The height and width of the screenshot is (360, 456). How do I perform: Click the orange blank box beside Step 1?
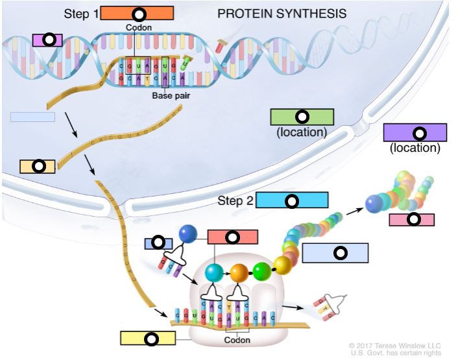(x=138, y=14)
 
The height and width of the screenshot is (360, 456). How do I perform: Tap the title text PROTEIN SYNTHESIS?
(x=282, y=14)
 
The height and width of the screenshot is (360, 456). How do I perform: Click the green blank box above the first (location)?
(x=302, y=117)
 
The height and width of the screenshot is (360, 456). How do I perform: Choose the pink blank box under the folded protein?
(x=412, y=220)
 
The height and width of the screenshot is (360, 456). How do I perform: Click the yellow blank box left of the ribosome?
(x=149, y=338)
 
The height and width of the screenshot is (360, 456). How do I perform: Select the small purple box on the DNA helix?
(x=47, y=40)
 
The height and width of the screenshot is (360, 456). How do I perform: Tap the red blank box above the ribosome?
(x=232, y=237)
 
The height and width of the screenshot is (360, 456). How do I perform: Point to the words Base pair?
(x=170, y=96)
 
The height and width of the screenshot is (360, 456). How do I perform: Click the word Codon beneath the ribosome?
(x=237, y=340)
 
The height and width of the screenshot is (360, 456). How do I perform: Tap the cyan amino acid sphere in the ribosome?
(x=213, y=272)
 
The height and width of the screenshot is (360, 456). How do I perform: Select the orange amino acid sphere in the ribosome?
(x=239, y=272)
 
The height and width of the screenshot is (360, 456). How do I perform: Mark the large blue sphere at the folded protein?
(x=375, y=204)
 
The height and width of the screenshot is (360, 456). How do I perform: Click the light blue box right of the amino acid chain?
(x=335, y=253)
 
